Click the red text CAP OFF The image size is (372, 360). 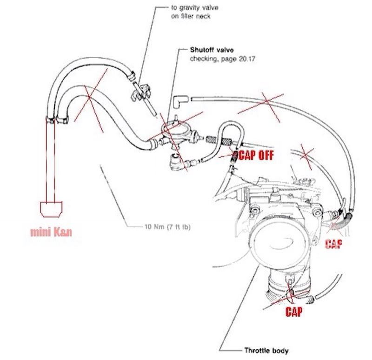click(x=255, y=154)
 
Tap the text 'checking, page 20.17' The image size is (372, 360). click(x=218, y=59)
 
